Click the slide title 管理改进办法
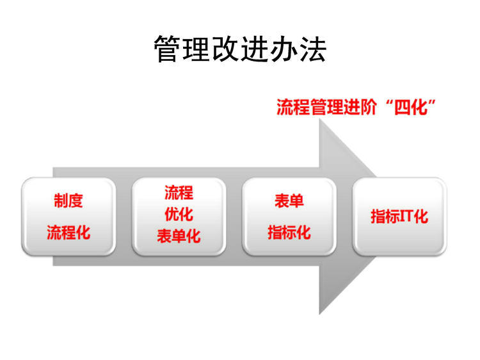pyautogui.click(x=240, y=49)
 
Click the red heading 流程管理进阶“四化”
pyautogui.click(x=356, y=107)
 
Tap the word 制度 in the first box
pyautogui.click(x=68, y=200)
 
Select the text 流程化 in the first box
pyautogui.click(x=68, y=233)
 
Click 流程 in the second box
pyautogui.click(x=179, y=193)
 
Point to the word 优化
pyautogui.click(x=179, y=214)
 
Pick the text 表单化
pyautogui.click(x=179, y=236)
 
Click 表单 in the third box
pyautogui.click(x=289, y=201)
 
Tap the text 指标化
pyautogui.click(x=289, y=233)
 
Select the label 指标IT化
pyautogui.click(x=399, y=217)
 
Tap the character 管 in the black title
pyautogui.click(x=168, y=49)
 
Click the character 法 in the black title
pyautogui.click(x=313, y=49)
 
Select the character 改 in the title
pyautogui.click(x=226, y=49)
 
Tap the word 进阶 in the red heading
pyautogui.click(x=360, y=107)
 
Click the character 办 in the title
pyautogui.click(x=284, y=49)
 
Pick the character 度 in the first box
pyautogui.click(x=76, y=200)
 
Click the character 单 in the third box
pyautogui.click(x=296, y=201)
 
